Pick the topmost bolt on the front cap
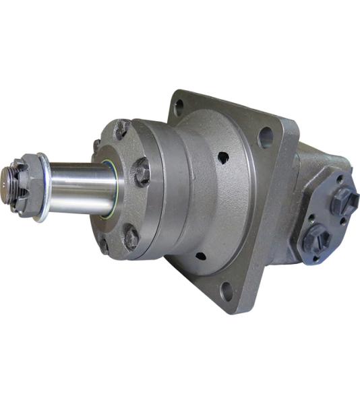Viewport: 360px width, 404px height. [x=121, y=129]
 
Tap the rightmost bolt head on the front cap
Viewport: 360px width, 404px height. [x=141, y=172]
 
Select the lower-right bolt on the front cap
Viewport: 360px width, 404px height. [x=132, y=236]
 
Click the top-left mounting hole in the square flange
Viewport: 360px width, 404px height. [x=179, y=106]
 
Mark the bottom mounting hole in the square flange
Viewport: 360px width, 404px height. [x=227, y=293]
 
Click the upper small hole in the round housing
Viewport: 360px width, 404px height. [x=222, y=158]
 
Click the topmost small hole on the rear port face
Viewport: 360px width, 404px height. [x=339, y=180]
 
